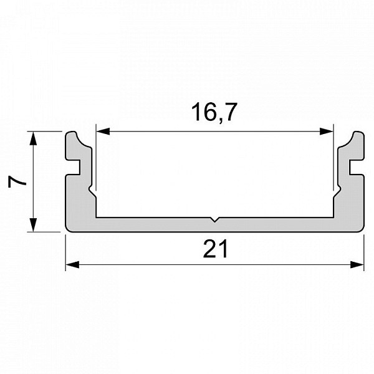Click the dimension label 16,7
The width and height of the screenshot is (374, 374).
pyautogui.click(x=214, y=112)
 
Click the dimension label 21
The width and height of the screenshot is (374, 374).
pyautogui.click(x=216, y=249)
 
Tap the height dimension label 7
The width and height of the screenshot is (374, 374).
pyautogui.click(x=17, y=182)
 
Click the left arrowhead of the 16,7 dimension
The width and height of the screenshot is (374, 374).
pyautogui.click(x=103, y=131)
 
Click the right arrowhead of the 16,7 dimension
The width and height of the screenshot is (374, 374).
pyautogui.click(x=326, y=131)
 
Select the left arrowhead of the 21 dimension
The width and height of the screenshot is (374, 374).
pyautogui.click(x=72, y=264)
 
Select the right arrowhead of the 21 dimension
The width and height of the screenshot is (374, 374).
pyautogui.click(x=357, y=264)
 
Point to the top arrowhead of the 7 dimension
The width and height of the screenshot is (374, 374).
pyautogui.click(x=34, y=138)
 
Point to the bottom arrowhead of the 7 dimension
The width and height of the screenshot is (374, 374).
pyautogui.click(x=34, y=224)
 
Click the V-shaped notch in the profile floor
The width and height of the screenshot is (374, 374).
pyautogui.click(x=214, y=219)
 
